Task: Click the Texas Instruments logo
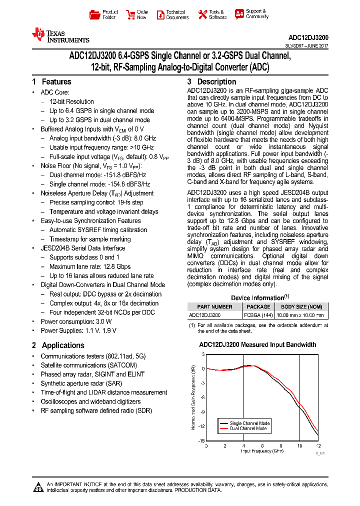[60, 35]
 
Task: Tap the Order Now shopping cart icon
[130, 14]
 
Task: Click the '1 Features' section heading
[51, 82]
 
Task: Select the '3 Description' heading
[211, 82]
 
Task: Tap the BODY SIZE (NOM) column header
[301, 306]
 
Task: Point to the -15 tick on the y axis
[201, 440]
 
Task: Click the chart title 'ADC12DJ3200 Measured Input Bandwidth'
[257, 344]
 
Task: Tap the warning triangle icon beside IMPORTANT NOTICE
[38, 487]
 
